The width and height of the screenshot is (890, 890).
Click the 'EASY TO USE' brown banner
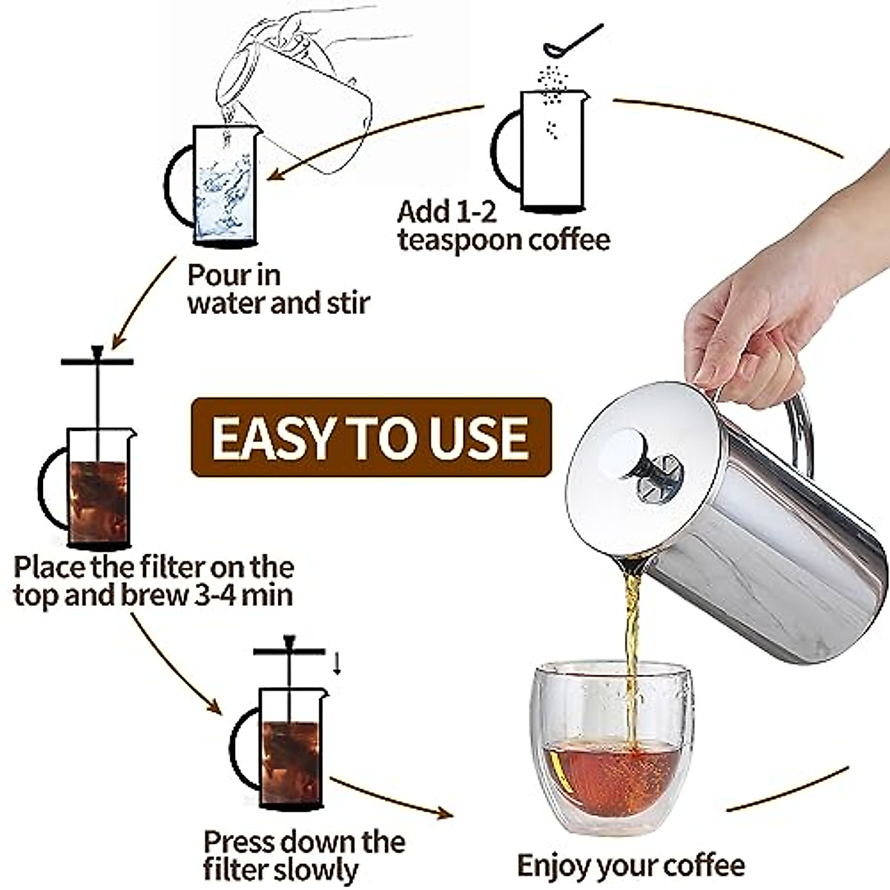371,437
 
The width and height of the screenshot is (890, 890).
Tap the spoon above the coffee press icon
571,42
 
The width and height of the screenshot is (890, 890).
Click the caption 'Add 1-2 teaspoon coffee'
503,226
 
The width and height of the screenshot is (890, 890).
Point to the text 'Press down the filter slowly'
304,854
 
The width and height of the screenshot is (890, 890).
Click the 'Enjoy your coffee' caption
630,865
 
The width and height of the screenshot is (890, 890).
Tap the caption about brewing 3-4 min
154,581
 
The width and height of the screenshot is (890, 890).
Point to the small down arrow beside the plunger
336,662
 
